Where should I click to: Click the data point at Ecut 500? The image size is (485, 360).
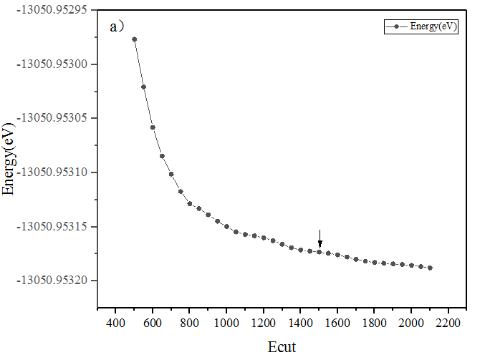[134, 39]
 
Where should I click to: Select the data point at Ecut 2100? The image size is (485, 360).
[430, 268]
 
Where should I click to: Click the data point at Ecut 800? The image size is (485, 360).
[190, 204]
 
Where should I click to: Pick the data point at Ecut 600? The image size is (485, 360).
[153, 127]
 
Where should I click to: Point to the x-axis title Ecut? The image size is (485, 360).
[282, 347]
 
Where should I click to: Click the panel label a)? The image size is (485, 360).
[117, 27]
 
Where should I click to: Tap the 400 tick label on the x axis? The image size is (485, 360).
[115, 323]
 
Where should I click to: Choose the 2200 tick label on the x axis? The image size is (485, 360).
[448, 323]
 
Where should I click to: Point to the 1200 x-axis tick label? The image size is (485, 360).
[264, 323]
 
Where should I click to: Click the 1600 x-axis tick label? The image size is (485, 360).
[337, 323]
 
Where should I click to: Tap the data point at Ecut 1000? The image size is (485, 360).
[226, 226]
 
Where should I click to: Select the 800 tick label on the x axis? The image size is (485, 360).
[189, 323]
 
